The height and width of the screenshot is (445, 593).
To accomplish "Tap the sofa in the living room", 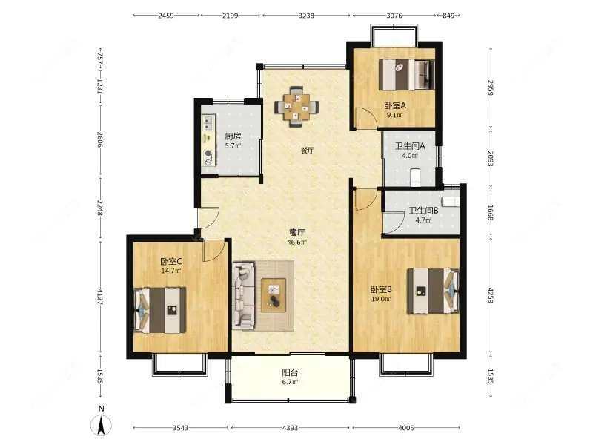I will click(242, 294).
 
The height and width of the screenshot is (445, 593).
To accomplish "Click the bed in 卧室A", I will click(405, 73).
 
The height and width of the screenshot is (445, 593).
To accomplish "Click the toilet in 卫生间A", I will click(415, 177).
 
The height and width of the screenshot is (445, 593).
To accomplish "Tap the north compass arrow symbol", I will click(100, 425).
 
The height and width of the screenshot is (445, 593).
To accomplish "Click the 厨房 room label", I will click(232, 136).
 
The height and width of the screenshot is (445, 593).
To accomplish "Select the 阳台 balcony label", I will click(290, 373).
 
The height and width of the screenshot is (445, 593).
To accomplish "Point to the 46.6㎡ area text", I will click(298, 242).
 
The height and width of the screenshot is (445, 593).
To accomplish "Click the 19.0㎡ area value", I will click(381, 299).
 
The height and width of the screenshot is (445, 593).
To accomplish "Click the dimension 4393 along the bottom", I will click(291, 428).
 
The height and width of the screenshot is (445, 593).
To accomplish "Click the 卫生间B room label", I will click(423, 211).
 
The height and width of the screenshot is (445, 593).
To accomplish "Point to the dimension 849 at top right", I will click(448, 15).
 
